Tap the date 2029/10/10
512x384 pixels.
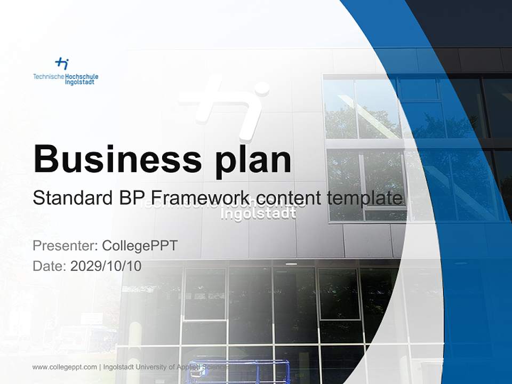tap(106, 266)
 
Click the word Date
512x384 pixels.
tap(49, 266)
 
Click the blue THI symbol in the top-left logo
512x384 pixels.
tap(62, 64)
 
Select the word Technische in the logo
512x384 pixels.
tap(48, 77)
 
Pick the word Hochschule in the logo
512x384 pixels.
tap(81, 77)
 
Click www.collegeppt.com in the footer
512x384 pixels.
tap(65, 367)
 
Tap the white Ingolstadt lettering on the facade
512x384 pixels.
tap(259, 214)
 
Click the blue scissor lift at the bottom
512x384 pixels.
tap(256, 371)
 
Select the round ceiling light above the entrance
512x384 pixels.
tap(291, 263)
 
